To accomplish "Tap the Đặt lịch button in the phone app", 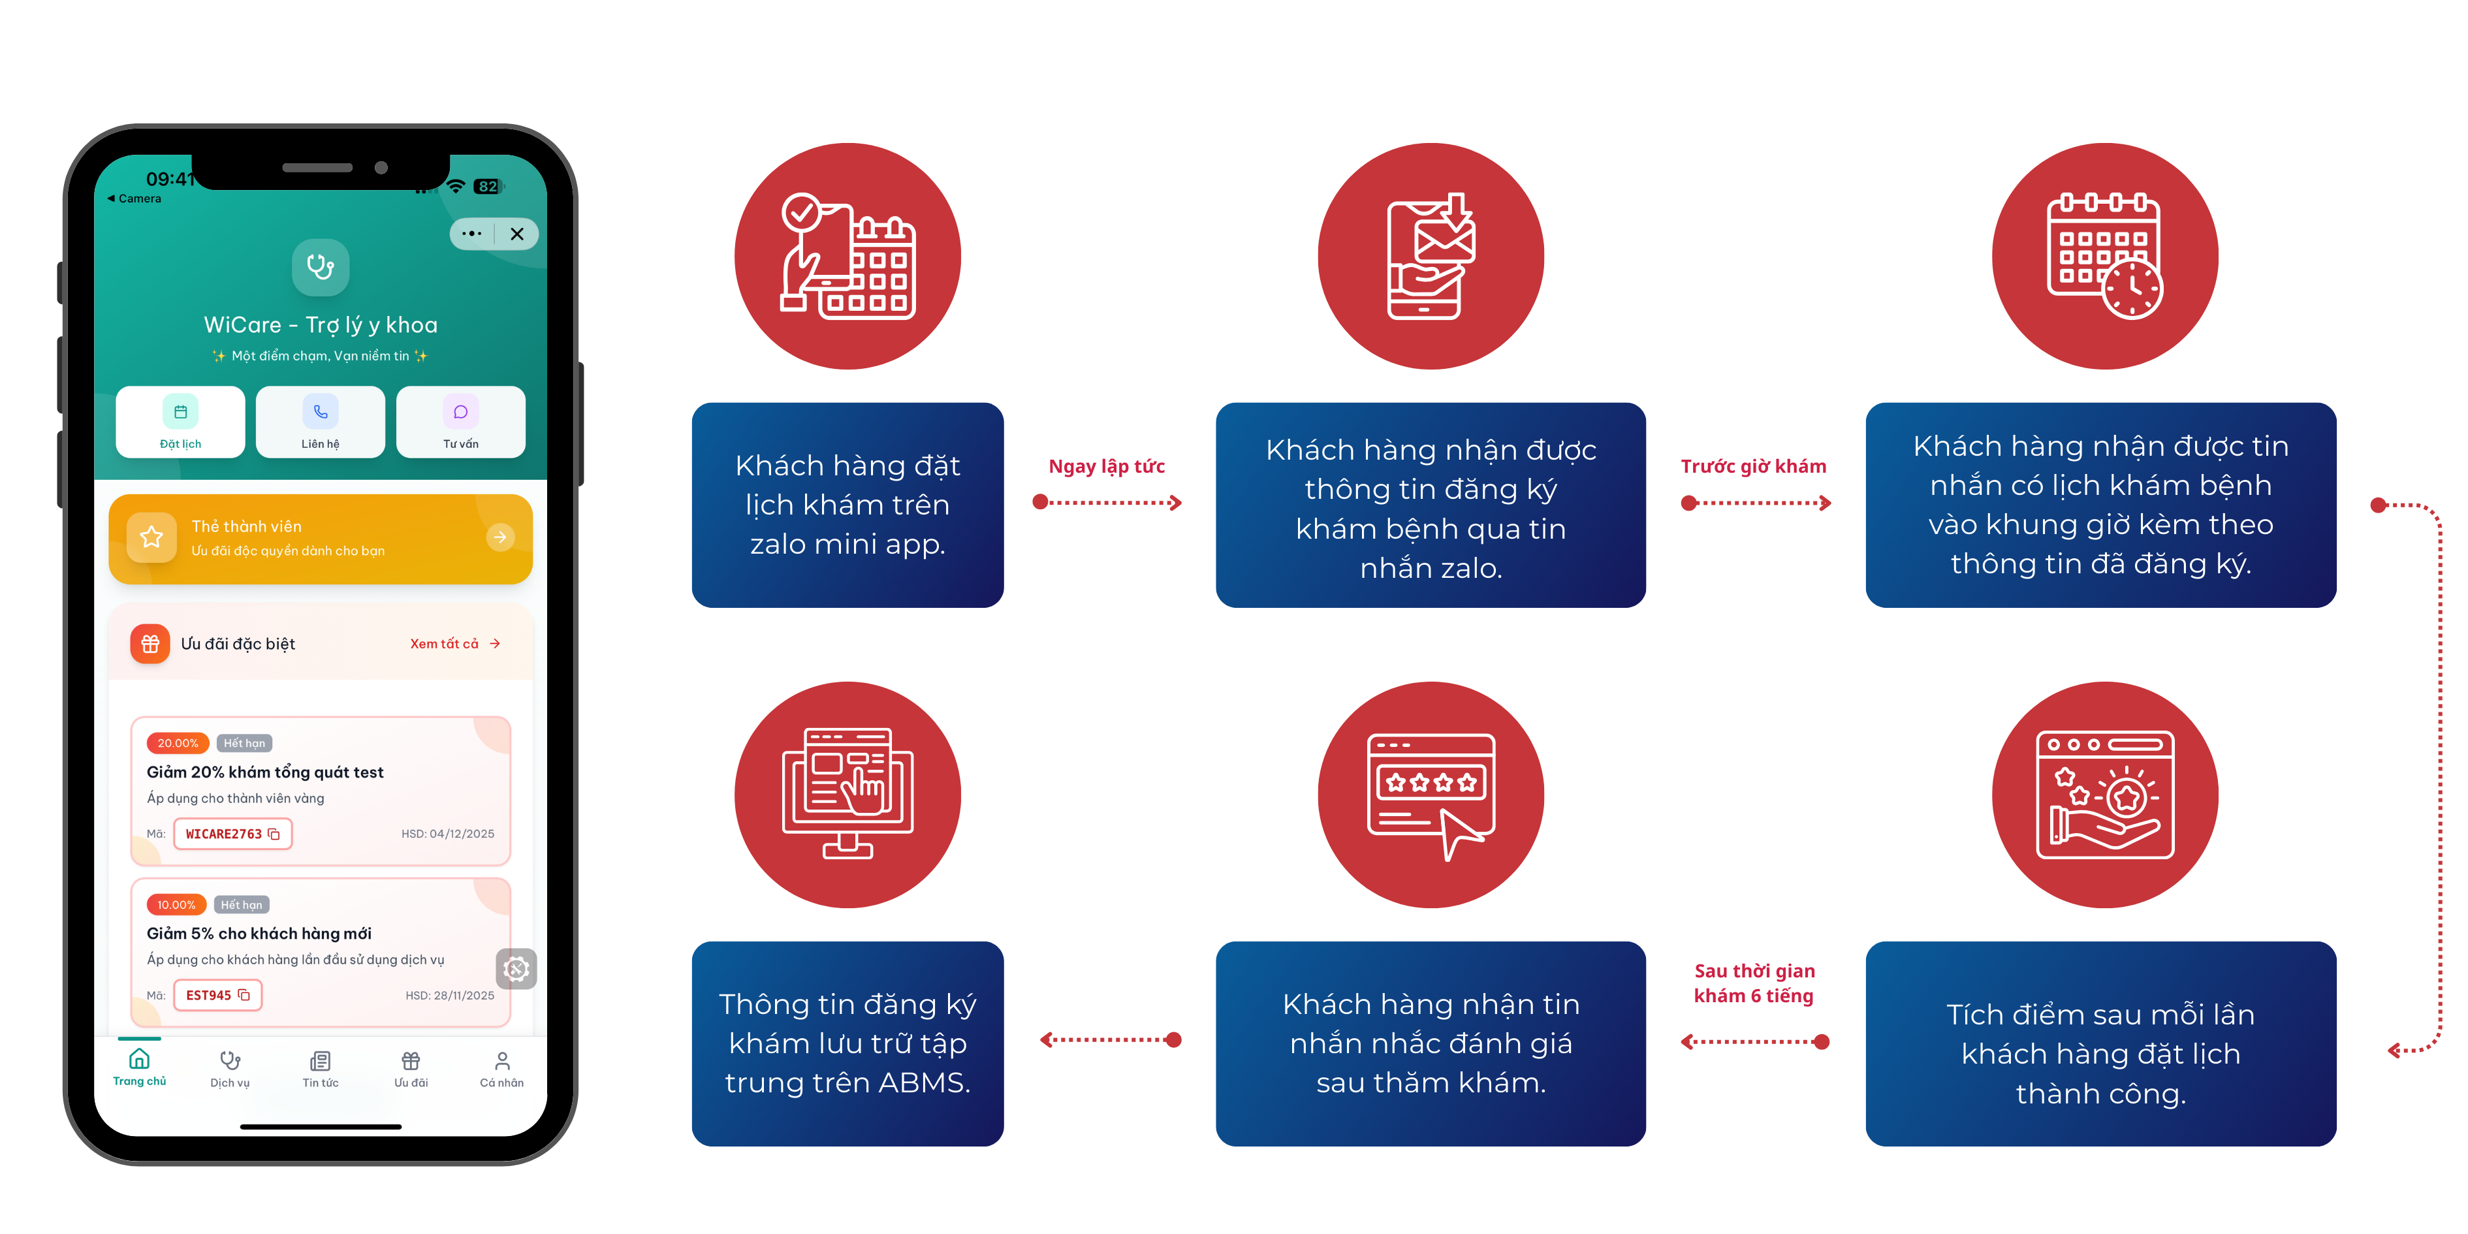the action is point(180,422).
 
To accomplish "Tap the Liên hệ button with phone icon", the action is point(320,422).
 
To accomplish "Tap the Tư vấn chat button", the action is point(461,422).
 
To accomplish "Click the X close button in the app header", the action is point(517,234).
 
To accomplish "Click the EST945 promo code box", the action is point(217,996).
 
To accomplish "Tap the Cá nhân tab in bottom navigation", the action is point(502,1069).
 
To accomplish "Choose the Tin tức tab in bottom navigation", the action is point(320,1069).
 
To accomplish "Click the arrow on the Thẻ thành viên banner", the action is point(500,537).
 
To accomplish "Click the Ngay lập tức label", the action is point(1107,467).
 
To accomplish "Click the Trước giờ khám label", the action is point(1753,467).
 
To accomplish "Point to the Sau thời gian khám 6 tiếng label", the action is point(1754,983).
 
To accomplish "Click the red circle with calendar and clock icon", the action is point(2105,256).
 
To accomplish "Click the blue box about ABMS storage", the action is point(848,1043).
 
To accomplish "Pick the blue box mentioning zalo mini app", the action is point(848,505).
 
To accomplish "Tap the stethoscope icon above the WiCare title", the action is point(320,267).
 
